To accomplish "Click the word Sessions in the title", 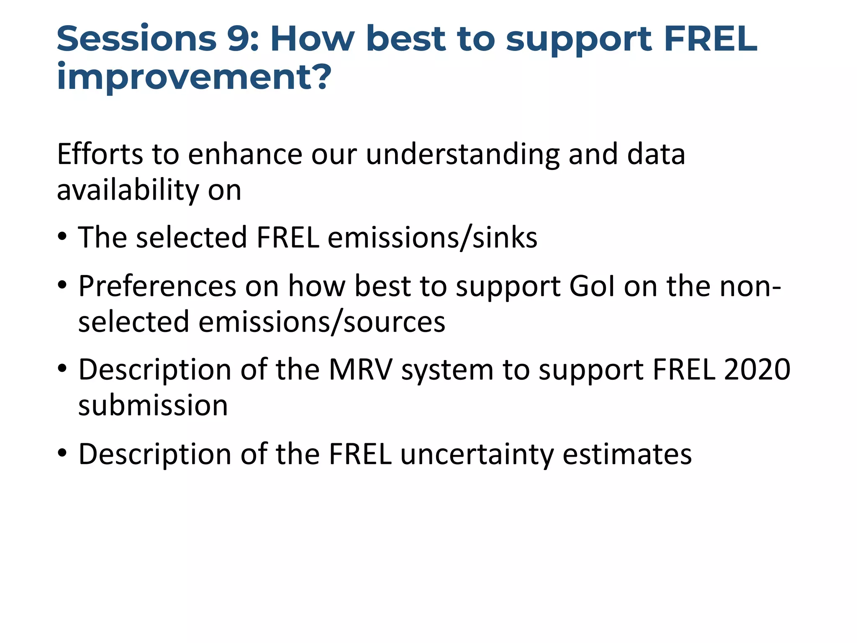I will (136, 39).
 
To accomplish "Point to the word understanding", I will (462, 155).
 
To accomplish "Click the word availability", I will (128, 190).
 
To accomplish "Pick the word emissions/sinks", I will (432, 238).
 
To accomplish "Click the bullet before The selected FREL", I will (62, 238).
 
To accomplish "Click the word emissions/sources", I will (322, 322).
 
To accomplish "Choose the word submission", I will (153, 406).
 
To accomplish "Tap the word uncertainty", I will (477, 455).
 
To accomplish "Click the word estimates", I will (627, 455).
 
